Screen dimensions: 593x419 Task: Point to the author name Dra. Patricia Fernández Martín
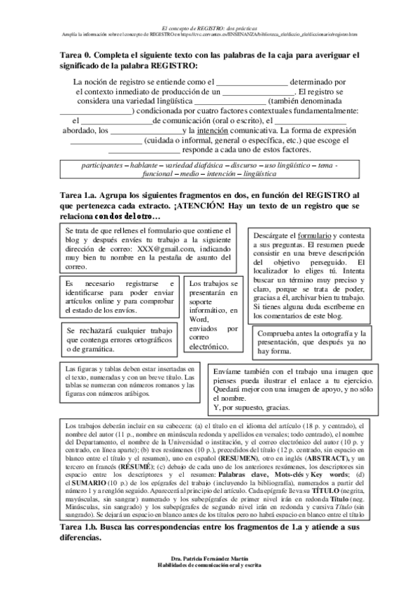click(x=209, y=578)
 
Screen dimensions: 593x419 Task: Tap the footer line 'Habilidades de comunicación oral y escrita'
click(x=209, y=585)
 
